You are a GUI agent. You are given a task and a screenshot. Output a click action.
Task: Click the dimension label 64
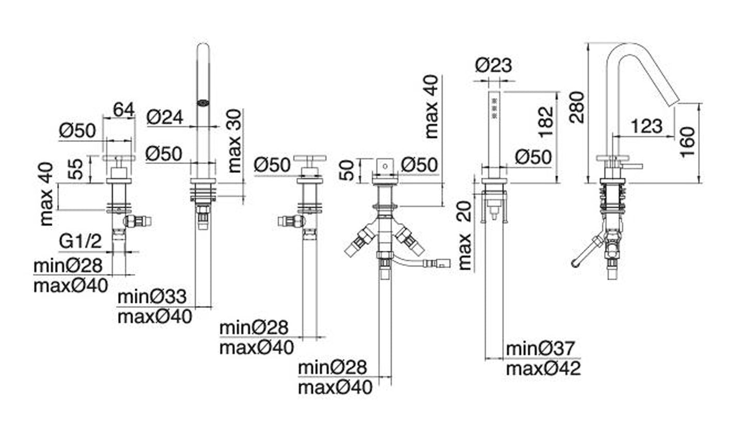(x=124, y=109)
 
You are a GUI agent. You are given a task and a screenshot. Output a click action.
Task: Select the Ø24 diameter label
(x=165, y=118)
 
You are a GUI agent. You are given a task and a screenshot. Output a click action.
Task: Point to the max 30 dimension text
(x=234, y=140)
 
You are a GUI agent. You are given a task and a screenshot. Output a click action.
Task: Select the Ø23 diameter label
(x=494, y=65)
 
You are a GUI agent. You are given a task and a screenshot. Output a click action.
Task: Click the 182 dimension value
(x=545, y=122)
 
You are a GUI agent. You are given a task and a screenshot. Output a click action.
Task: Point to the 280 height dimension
(x=577, y=107)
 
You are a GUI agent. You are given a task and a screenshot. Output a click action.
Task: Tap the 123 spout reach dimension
(x=646, y=126)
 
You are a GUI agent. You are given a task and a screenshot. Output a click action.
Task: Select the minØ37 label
(x=539, y=349)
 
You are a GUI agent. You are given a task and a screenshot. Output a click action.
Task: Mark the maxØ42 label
(x=543, y=369)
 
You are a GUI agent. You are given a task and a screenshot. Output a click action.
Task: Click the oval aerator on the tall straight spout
(x=203, y=103)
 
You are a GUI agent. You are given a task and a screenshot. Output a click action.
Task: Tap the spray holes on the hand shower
(x=495, y=109)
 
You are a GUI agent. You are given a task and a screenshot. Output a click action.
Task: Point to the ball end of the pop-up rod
(x=576, y=263)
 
